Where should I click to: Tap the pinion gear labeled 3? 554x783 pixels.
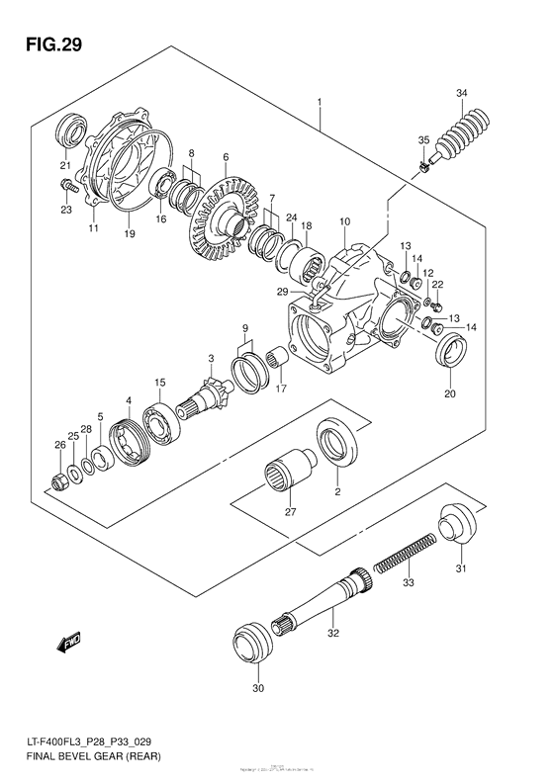tap(213, 395)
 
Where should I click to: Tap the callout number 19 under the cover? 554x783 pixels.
tap(128, 235)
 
